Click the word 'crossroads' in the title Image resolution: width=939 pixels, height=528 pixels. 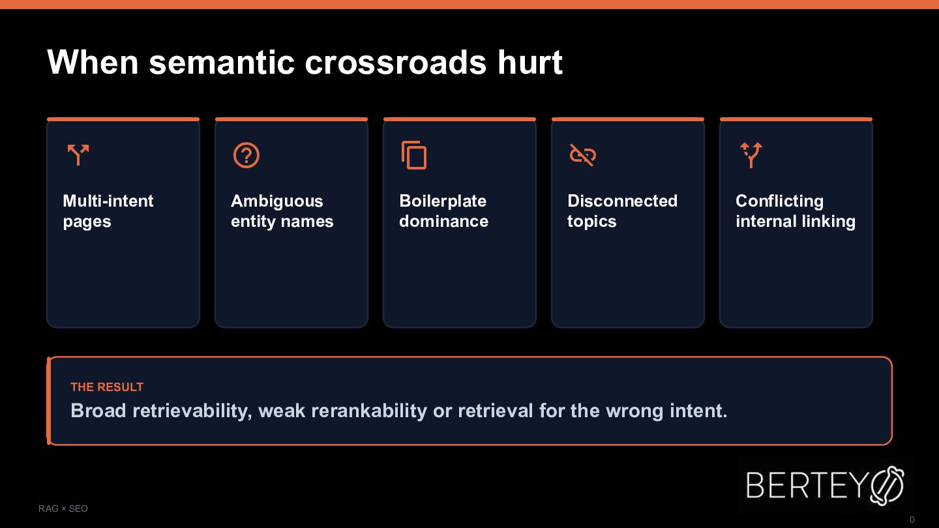pyautogui.click(x=395, y=63)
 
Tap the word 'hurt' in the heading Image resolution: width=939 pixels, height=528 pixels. pyautogui.click(x=530, y=62)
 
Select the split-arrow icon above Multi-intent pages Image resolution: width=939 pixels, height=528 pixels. pyautogui.click(x=78, y=154)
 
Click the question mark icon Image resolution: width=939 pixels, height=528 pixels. pyautogui.click(x=246, y=155)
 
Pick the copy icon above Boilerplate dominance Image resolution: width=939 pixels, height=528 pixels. pyautogui.click(x=414, y=155)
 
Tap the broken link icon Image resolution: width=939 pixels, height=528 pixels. pyautogui.click(x=583, y=155)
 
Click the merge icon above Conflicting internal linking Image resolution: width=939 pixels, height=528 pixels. pyautogui.click(x=751, y=155)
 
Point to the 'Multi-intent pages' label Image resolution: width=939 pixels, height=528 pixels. pyautogui.click(x=108, y=211)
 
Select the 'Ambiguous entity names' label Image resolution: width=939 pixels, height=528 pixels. pyautogui.click(x=282, y=211)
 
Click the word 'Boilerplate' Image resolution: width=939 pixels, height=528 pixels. pyautogui.click(x=443, y=201)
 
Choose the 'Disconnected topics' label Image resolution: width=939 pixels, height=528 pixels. pyautogui.click(x=622, y=211)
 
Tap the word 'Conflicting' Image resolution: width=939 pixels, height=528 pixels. pyautogui.click(x=779, y=201)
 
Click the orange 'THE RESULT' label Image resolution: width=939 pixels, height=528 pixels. pyautogui.click(x=107, y=387)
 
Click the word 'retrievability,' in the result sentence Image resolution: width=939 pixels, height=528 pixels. pyautogui.click(x=192, y=411)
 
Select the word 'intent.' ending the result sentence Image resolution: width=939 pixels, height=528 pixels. pyautogui.click(x=698, y=411)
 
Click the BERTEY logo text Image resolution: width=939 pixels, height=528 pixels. pyautogui.click(x=807, y=485)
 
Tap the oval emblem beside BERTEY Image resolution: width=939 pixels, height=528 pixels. pyautogui.click(x=887, y=485)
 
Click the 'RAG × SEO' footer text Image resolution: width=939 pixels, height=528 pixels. pyautogui.click(x=63, y=508)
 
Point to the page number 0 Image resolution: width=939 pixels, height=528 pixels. pyautogui.click(x=912, y=520)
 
